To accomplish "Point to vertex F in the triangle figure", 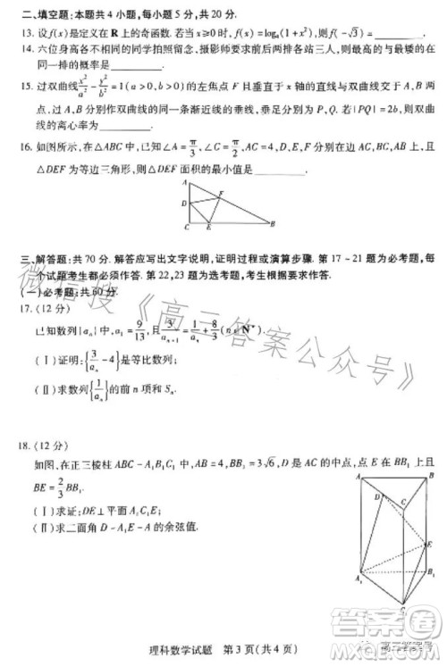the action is click(223, 195).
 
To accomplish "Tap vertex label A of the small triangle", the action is click(184, 182).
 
